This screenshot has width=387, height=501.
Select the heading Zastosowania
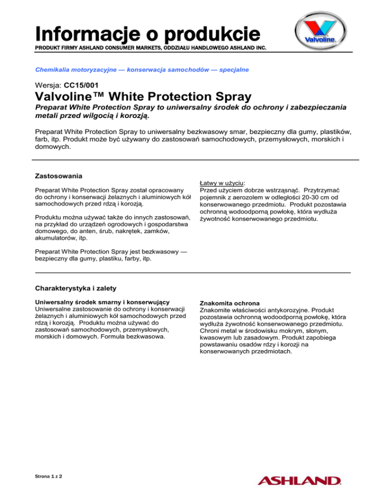[57, 177]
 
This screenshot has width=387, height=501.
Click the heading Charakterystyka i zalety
[75, 289]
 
